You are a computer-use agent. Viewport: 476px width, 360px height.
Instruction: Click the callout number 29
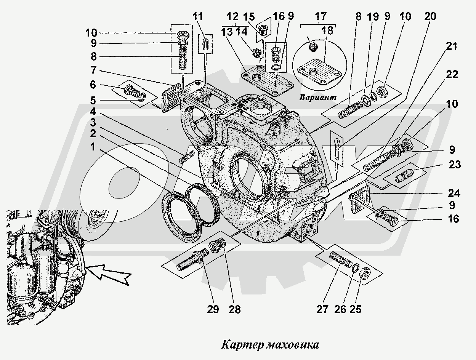click(x=213, y=309)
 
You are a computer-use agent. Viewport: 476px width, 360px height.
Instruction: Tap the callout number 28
click(x=235, y=309)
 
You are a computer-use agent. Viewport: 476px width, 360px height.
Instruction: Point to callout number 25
click(x=355, y=309)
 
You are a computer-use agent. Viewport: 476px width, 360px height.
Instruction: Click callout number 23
click(x=455, y=165)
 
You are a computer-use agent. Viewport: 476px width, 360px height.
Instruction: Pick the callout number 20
click(x=430, y=17)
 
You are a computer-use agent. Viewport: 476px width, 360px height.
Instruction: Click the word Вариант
click(x=318, y=97)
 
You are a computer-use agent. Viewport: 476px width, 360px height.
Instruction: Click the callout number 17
click(x=321, y=16)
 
